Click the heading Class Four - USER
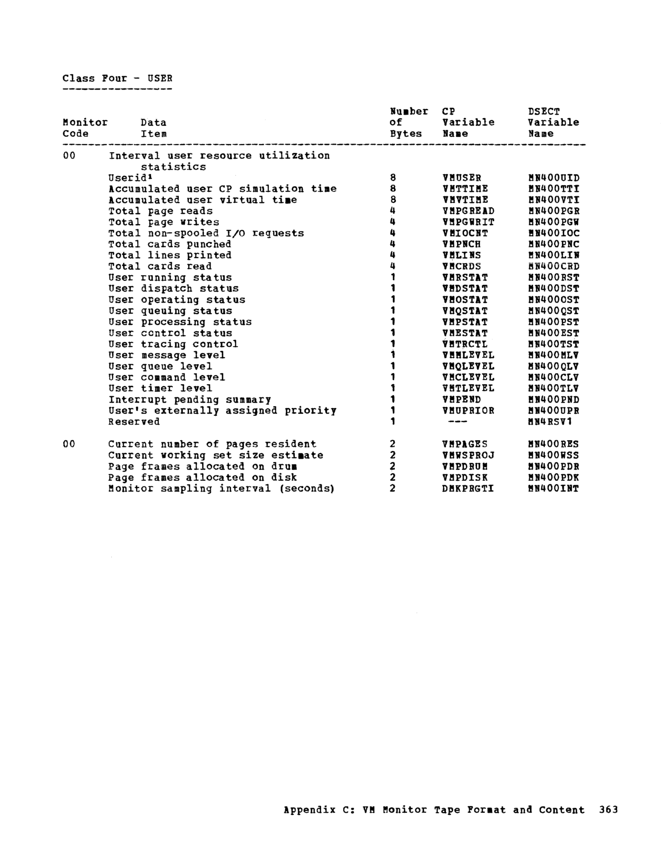click(117, 78)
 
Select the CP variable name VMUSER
click(462, 178)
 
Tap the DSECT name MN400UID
click(553, 178)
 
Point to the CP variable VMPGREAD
click(468, 211)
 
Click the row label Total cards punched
click(170, 244)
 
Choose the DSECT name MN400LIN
click(553, 255)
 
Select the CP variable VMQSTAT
click(465, 311)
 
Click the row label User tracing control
click(173, 344)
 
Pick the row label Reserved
click(134, 422)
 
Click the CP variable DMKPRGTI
click(468, 488)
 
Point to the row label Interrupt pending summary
click(190, 400)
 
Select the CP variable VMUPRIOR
click(468, 411)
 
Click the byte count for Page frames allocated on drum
click(393, 466)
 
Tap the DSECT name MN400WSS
click(553, 456)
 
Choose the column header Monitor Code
click(84, 128)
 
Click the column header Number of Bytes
click(409, 122)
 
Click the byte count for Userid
click(393, 178)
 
